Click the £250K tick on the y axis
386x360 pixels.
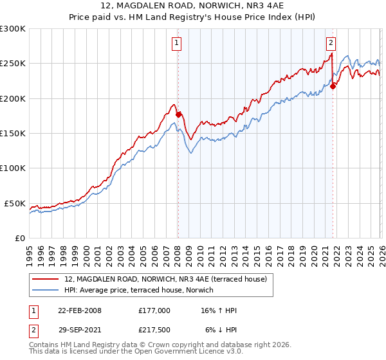click(x=13, y=64)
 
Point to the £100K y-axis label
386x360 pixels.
click(x=13, y=168)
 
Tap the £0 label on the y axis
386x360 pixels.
click(x=19, y=238)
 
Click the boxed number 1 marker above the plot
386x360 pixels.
click(x=176, y=43)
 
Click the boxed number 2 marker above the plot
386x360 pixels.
click(x=331, y=43)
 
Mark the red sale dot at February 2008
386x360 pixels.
click(x=179, y=114)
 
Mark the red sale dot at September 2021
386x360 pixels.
click(x=333, y=87)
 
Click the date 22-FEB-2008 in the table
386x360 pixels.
click(x=80, y=310)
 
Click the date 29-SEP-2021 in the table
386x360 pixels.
click(x=80, y=329)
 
